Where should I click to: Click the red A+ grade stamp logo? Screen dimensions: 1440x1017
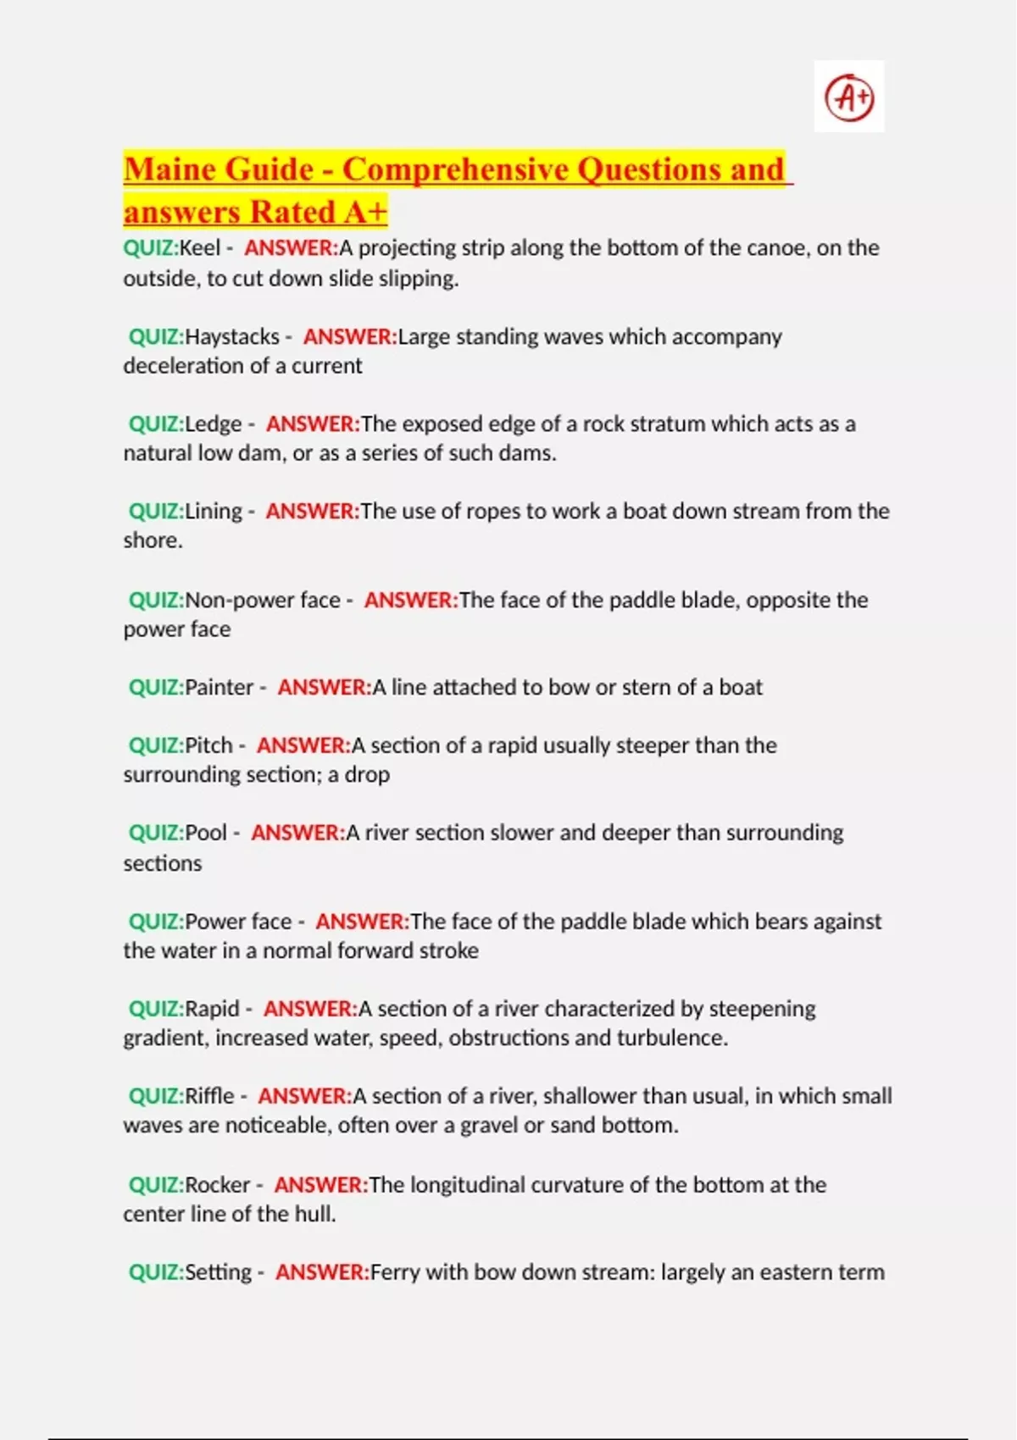pos(849,97)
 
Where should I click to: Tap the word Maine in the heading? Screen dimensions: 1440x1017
pos(166,169)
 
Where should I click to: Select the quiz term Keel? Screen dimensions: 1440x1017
pos(199,248)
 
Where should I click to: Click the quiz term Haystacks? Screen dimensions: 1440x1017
pos(232,337)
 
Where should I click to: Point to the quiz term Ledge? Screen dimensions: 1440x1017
pos(213,424)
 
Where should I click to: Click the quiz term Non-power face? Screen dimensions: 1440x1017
pos(263,601)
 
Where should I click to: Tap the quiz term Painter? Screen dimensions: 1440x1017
pos(219,688)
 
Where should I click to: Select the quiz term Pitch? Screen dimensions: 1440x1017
pos(208,746)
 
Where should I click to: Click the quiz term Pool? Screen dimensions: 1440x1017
pos(206,834)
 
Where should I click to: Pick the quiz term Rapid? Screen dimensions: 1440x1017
pos(212,1010)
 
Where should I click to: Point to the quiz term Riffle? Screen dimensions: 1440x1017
pos(209,1097)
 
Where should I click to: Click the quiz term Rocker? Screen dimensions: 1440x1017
pos(217,1185)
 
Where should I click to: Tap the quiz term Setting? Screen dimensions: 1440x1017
pos(218,1272)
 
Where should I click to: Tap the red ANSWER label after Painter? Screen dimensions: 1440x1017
pos(325,688)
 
